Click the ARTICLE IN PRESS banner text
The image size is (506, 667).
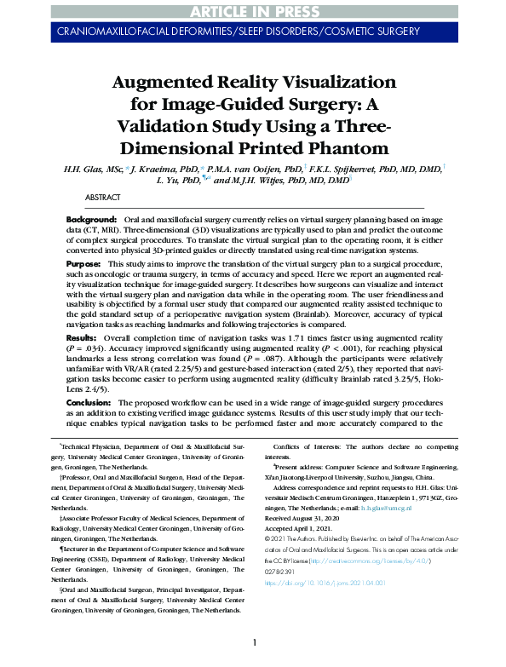point(253,10)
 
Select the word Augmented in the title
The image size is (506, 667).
point(177,83)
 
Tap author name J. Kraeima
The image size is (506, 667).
point(169,170)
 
